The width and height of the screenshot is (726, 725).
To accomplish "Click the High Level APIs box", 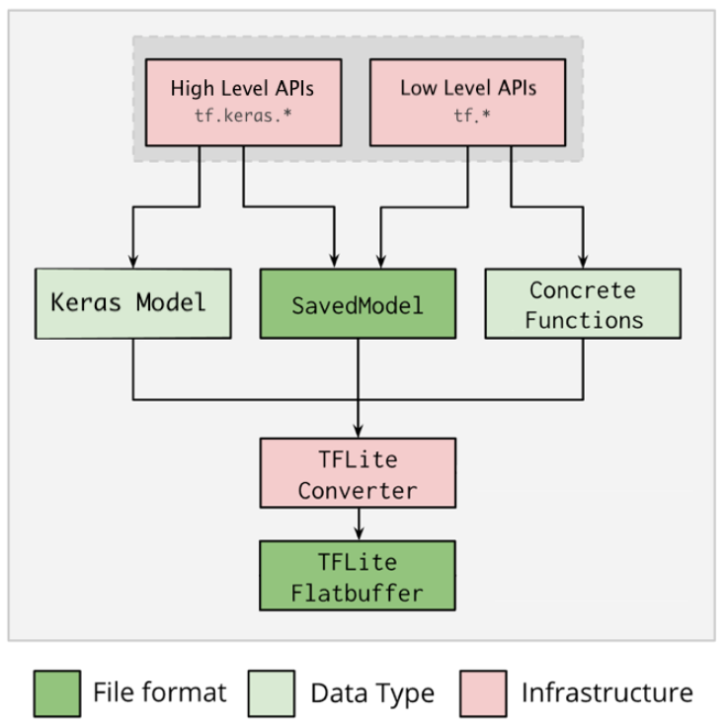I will coord(243,102).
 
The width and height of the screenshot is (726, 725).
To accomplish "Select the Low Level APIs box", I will coord(468,102).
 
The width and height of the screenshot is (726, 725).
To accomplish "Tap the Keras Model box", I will coord(133,302).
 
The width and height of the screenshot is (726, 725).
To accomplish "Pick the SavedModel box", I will coord(358,304).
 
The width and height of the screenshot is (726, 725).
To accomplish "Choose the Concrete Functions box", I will coord(584,304).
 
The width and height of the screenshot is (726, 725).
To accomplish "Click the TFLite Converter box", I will coord(358,473).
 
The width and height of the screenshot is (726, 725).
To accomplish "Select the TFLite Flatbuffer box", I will coord(358,576).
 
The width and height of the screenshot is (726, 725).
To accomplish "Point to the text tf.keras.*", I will coord(242,115).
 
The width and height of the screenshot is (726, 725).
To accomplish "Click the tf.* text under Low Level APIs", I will coord(468,115).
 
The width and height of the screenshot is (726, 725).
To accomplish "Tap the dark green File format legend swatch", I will coord(56,693).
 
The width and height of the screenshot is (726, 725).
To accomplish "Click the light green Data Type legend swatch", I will coord(274,693).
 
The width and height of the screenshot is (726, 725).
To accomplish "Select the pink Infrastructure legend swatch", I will coord(483,693).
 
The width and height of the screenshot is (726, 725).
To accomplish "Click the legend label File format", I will coord(159,693).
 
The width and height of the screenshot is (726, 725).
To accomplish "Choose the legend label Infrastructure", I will coord(606,693).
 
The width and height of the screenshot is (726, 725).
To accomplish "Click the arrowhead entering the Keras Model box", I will coord(132,262).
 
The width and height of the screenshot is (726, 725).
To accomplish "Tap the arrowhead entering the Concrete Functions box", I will coord(583,262).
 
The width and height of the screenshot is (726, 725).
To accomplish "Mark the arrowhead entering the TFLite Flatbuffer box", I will coord(358,533).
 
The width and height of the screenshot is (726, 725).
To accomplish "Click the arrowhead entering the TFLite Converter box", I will coord(358,432).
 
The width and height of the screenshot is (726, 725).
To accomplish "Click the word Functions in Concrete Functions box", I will coord(584,320).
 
